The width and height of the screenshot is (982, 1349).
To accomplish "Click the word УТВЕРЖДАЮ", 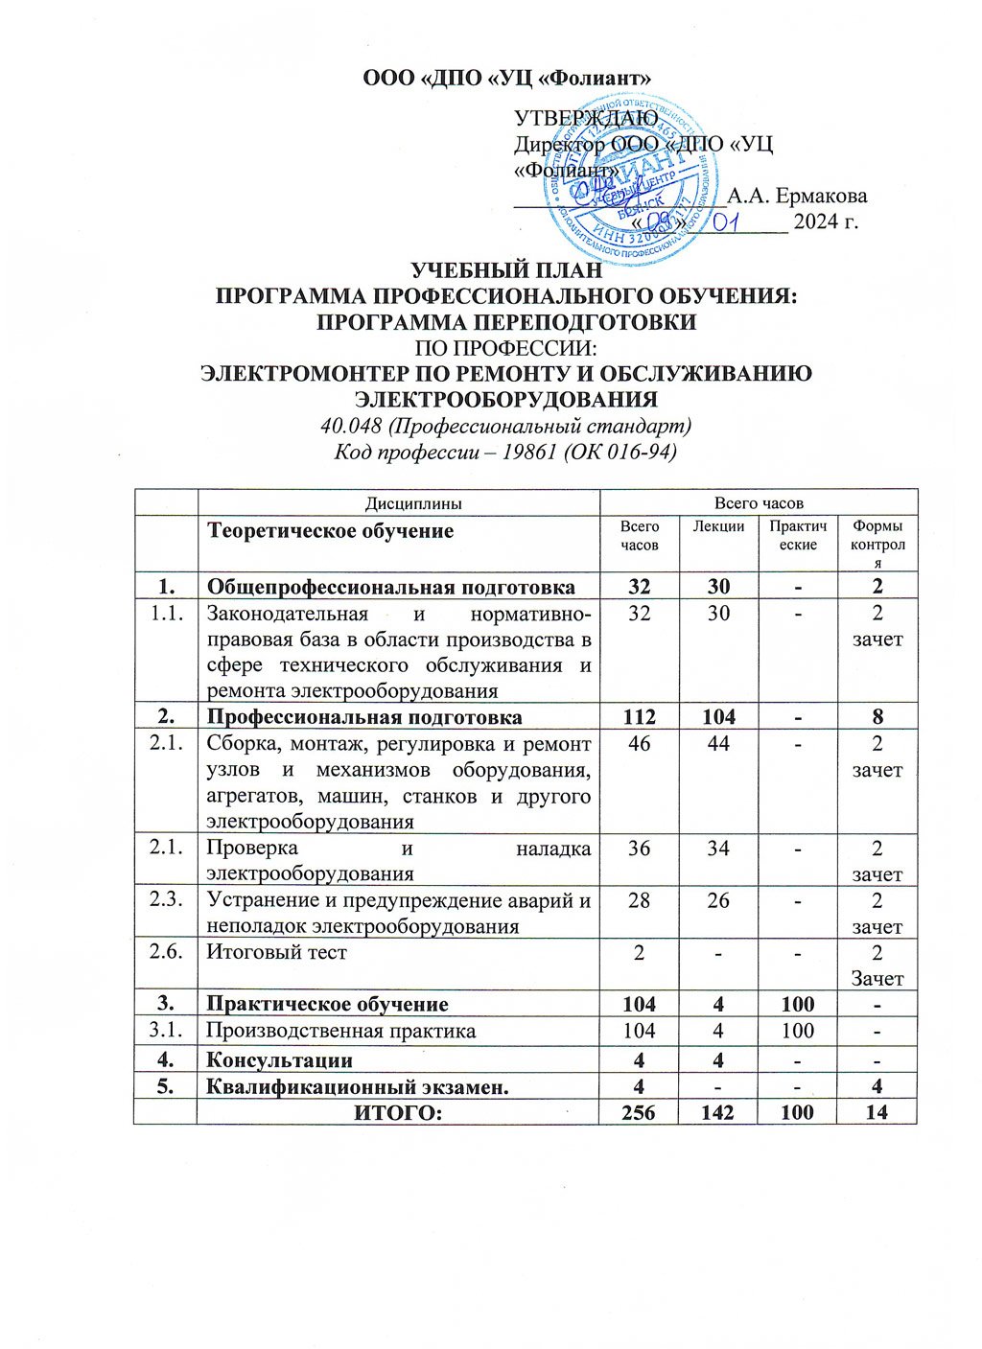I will [586, 118].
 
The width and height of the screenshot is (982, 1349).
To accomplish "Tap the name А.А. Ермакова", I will [797, 197].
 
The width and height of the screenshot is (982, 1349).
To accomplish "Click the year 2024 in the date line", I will [816, 222].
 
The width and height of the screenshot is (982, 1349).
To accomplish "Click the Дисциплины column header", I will [400, 502].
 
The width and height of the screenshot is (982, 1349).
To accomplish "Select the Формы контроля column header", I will [877, 544].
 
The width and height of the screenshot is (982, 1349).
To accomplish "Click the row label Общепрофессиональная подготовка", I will [391, 587].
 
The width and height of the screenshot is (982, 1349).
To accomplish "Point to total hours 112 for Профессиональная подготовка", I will [639, 717].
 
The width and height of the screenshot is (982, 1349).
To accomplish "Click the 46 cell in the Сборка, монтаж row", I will [639, 744].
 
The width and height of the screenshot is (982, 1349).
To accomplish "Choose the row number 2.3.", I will [166, 900].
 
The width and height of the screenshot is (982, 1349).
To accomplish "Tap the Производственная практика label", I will [341, 1031].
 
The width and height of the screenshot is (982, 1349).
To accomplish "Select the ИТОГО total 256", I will [639, 1112].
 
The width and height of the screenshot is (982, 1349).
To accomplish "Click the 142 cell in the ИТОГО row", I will [718, 1112].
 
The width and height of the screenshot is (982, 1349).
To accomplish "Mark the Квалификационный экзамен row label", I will [358, 1086].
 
